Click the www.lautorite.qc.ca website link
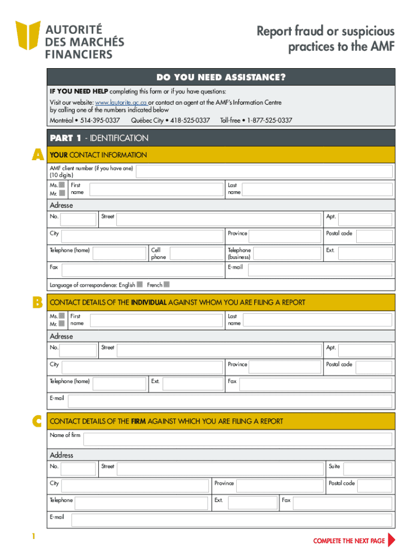coord(121,102)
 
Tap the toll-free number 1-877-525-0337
coord(269,120)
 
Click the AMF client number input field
coord(264,172)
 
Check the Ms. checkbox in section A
coord(62,185)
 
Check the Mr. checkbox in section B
coord(62,324)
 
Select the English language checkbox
coord(140,284)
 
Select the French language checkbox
coord(167,284)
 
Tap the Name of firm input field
coord(238,439)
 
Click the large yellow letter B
coord(37,302)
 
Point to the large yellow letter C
coord(37,421)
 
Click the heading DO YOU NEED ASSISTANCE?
coord(220,77)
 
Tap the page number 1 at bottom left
coord(33,537)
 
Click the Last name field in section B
coord(316,320)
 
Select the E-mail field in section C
coord(231,520)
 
